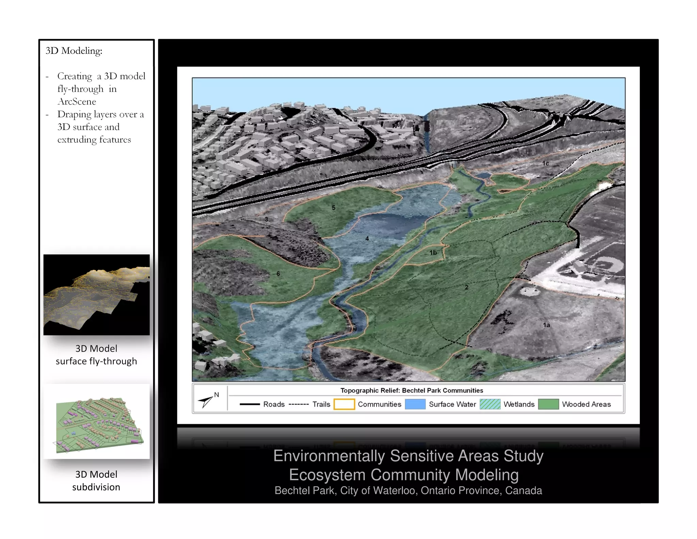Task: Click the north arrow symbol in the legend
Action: pyautogui.click(x=207, y=401)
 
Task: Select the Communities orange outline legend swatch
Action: pyautogui.click(x=344, y=404)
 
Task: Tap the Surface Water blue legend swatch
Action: pyautogui.click(x=415, y=404)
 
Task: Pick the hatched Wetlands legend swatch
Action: pyautogui.click(x=490, y=404)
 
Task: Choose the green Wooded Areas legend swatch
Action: pyautogui.click(x=548, y=404)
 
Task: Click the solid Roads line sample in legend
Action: pyautogui.click(x=249, y=404)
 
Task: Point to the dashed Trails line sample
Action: pyautogui.click(x=298, y=404)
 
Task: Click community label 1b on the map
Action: pyautogui.click(x=433, y=253)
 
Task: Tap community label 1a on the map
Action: pyautogui.click(x=546, y=325)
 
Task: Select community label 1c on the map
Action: pyautogui.click(x=546, y=164)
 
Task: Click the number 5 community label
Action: pyautogui.click(x=334, y=207)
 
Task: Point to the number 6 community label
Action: pyautogui.click(x=278, y=274)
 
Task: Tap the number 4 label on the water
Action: pyautogui.click(x=367, y=238)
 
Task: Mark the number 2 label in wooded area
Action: pyautogui.click(x=467, y=287)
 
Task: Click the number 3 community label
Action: pyautogui.click(x=266, y=219)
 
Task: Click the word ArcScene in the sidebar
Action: pyautogui.click(x=77, y=102)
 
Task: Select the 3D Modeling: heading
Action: pyautogui.click(x=74, y=51)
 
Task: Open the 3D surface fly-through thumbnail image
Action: pyautogui.click(x=96, y=295)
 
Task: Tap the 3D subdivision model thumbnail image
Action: pyautogui.click(x=96, y=421)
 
